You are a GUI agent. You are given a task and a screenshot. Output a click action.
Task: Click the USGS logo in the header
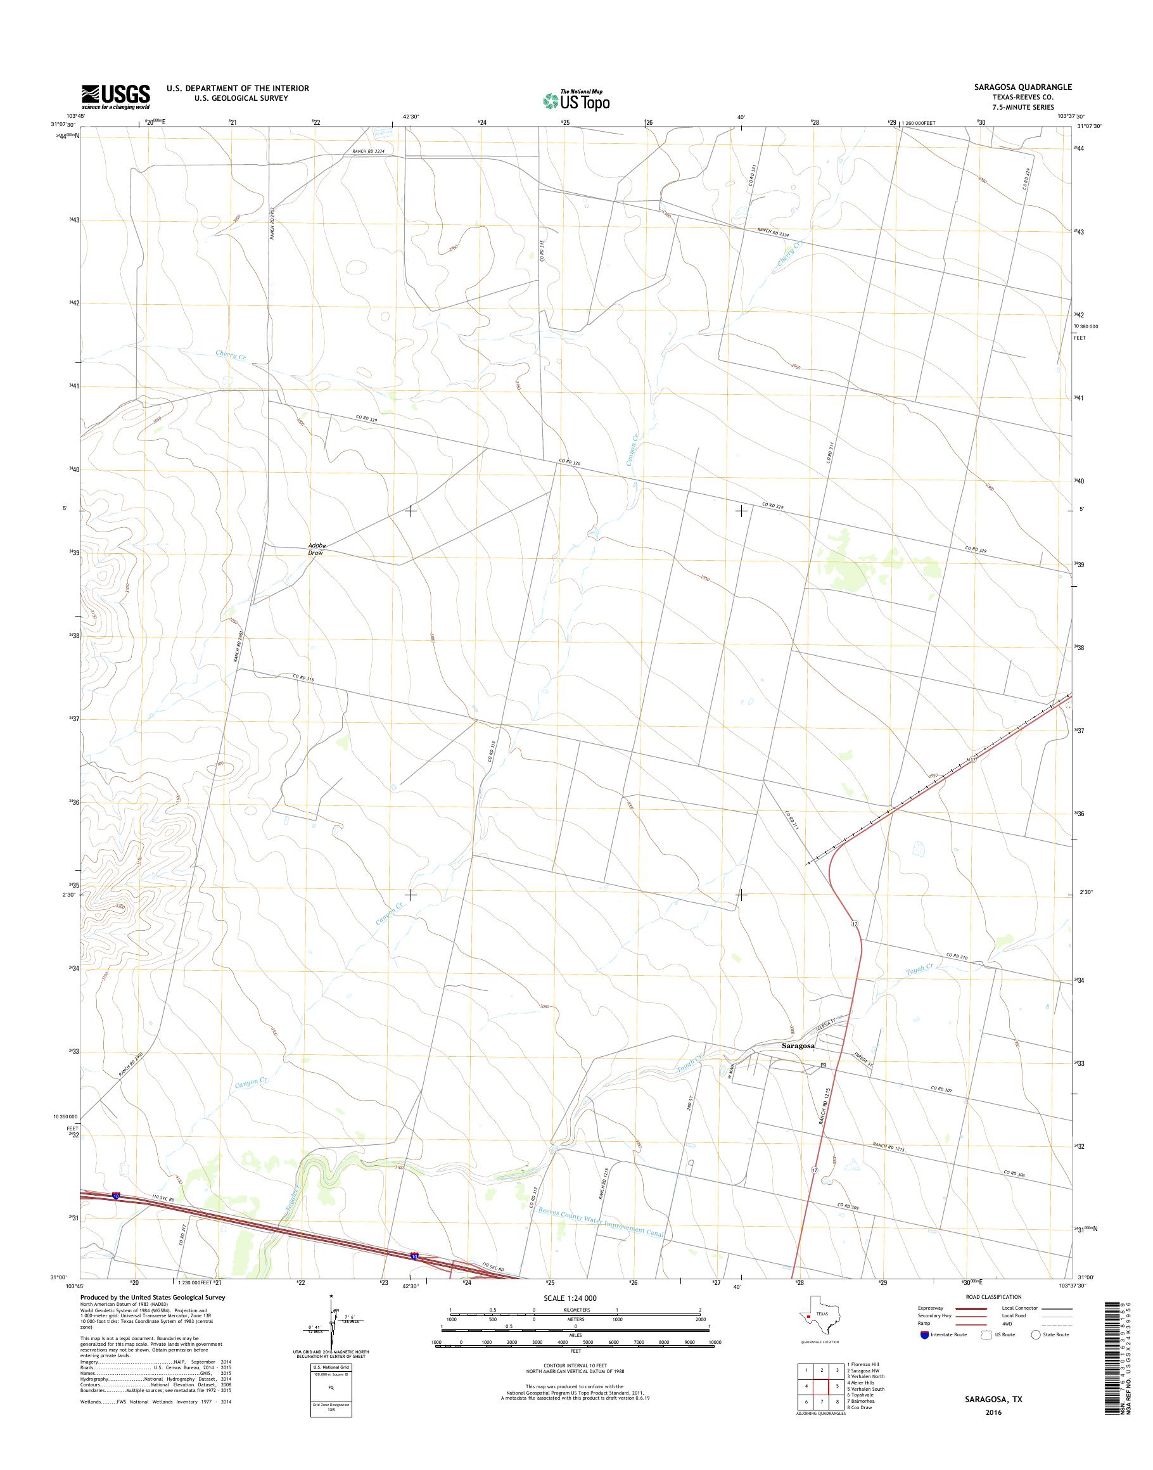(x=115, y=96)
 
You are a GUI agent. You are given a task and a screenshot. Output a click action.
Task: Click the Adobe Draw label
(x=315, y=548)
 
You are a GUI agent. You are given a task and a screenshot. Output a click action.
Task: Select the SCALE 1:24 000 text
(x=570, y=1298)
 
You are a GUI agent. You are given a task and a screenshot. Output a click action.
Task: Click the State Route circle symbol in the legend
(x=1036, y=1335)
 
